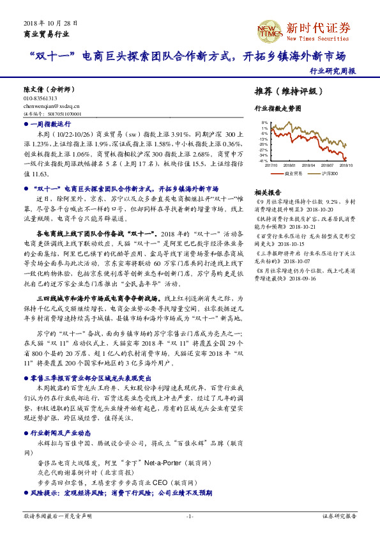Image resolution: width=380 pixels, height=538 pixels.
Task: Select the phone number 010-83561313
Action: coord(40,99)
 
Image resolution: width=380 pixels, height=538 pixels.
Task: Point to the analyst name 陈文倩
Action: coord(34,91)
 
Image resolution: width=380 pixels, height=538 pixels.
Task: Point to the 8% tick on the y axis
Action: coord(264,123)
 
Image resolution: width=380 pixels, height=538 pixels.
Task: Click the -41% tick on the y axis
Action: coord(264,160)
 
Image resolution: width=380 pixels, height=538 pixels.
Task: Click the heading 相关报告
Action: coord(267,192)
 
